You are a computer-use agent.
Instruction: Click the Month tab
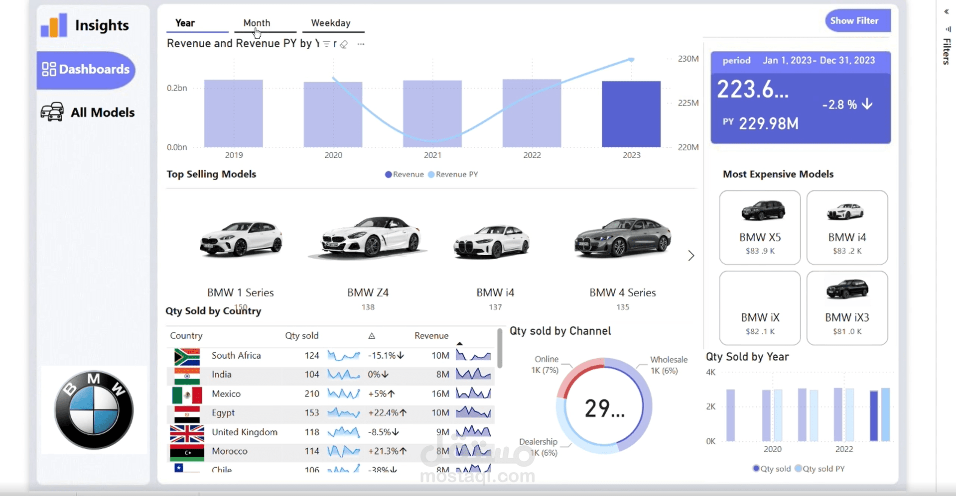point(257,23)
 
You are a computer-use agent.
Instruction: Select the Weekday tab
point(330,23)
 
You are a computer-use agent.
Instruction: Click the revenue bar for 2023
point(631,114)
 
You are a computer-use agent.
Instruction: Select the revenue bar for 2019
point(233,113)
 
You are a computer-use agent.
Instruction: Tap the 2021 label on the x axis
point(432,155)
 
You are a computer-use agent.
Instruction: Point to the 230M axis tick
point(688,59)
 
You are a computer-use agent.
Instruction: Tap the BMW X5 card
point(760,227)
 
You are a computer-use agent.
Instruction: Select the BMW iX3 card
point(847,308)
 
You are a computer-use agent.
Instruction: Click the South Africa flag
point(187,356)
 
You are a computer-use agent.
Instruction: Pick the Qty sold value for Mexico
point(311,394)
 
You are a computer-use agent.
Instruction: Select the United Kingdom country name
point(244,432)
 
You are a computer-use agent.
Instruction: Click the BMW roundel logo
point(94,410)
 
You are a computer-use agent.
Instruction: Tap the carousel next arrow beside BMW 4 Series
point(691,256)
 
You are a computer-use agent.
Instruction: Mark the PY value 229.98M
point(768,123)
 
